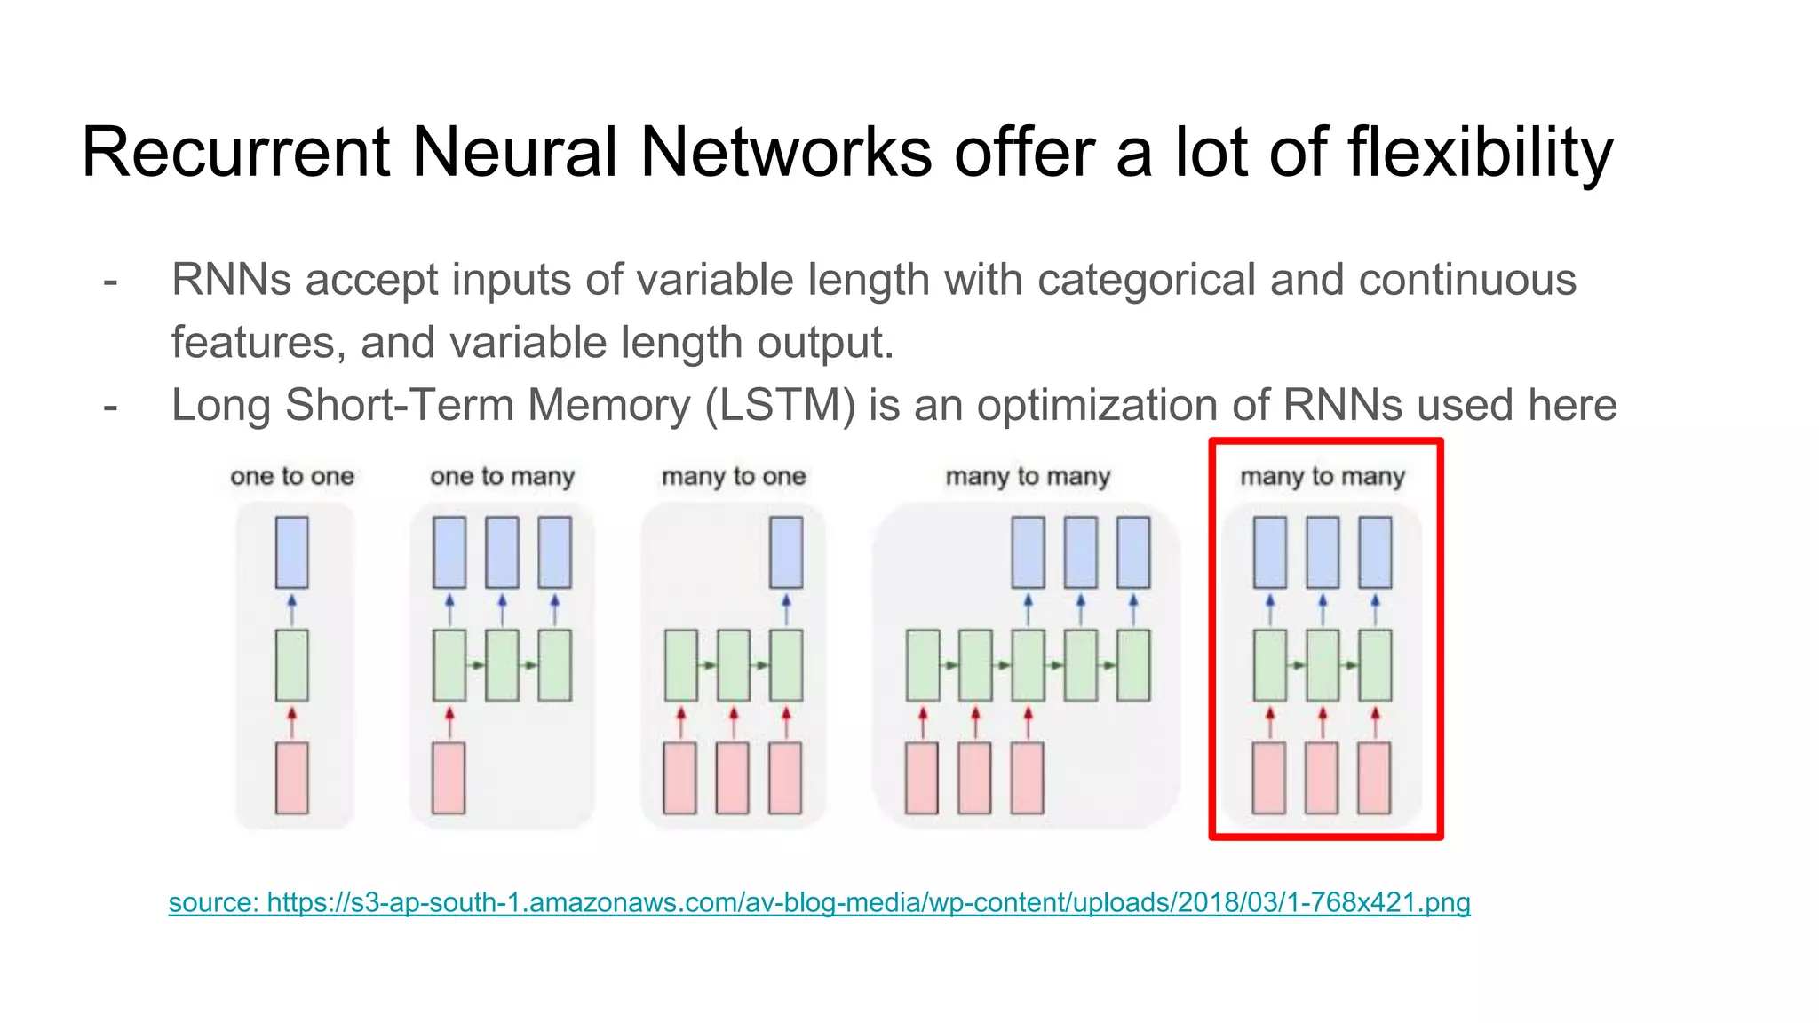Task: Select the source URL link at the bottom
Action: (819, 902)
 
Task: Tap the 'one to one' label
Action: (292, 477)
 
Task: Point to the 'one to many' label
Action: (503, 477)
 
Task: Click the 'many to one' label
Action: (734, 477)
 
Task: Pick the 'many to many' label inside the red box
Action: (1323, 477)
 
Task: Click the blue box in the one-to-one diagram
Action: (292, 552)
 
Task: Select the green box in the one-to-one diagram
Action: (292, 665)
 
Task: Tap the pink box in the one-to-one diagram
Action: (292, 778)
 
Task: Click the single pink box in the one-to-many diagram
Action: (449, 778)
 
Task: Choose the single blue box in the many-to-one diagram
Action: (786, 552)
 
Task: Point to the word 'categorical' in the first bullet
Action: (1147, 280)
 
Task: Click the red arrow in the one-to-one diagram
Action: (292, 721)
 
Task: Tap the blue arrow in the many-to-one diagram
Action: (786, 609)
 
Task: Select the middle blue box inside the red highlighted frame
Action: (1323, 552)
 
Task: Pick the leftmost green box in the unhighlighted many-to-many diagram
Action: (923, 665)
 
